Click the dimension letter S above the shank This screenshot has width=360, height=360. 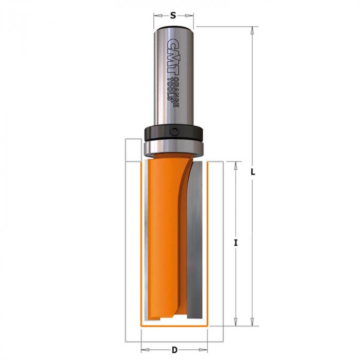coord(173,15)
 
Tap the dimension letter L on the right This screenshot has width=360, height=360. coord(253,172)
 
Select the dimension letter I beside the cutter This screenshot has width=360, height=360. coord(236,243)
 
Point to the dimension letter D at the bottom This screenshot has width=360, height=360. coord(175,350)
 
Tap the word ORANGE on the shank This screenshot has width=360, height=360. coord(176,92)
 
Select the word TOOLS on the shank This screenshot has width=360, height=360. coord(171,89)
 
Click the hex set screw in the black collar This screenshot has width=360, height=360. coord(174,132)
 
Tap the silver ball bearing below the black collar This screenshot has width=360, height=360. coord(174,149)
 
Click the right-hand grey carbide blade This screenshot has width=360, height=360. coord(195,240)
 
